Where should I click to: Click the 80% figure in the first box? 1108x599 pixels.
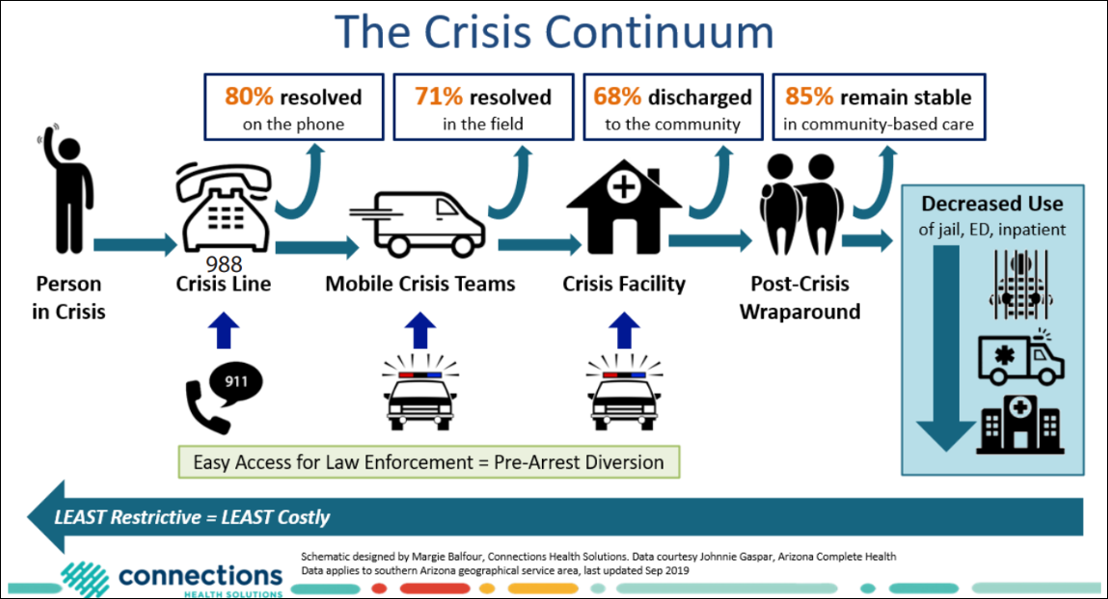click(x=248, y=97)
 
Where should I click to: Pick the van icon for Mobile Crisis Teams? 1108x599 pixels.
click(x=416, y=216)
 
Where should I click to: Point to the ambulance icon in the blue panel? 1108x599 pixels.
click(x=1019, y=357)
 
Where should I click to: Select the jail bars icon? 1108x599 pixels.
click(x=1019, y=280)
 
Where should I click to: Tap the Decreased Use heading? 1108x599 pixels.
click(x=991, y=204)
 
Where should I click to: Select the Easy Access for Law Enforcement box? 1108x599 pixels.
click(x=428, y=462)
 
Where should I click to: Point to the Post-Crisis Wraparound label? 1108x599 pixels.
click(x=799, y=298)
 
